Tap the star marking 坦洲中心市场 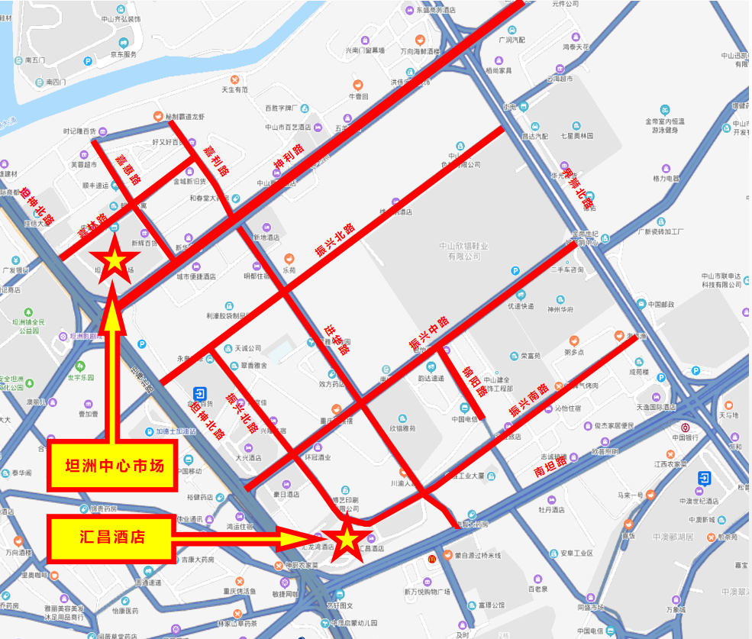(114, 261)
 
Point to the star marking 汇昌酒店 (346, 539)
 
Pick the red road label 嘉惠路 (128, 169)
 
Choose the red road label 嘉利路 (217, 161)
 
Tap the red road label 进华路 (336, 338)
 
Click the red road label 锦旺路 (474, 381)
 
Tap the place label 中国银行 (686, 437)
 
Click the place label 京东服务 (123, 54)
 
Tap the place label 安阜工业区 (576, 553)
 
